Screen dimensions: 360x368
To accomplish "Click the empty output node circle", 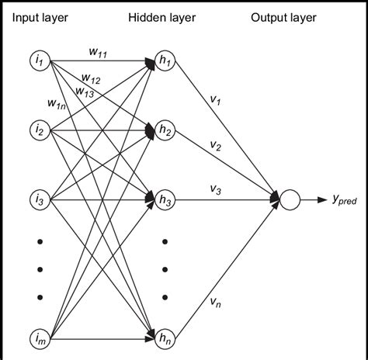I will pyautogui.click(x=290, y=200).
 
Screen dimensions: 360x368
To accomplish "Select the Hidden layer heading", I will pyautogui.click(x=164, y=17).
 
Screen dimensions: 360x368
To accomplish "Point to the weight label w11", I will pyautogui.click(x=98, y=54).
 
